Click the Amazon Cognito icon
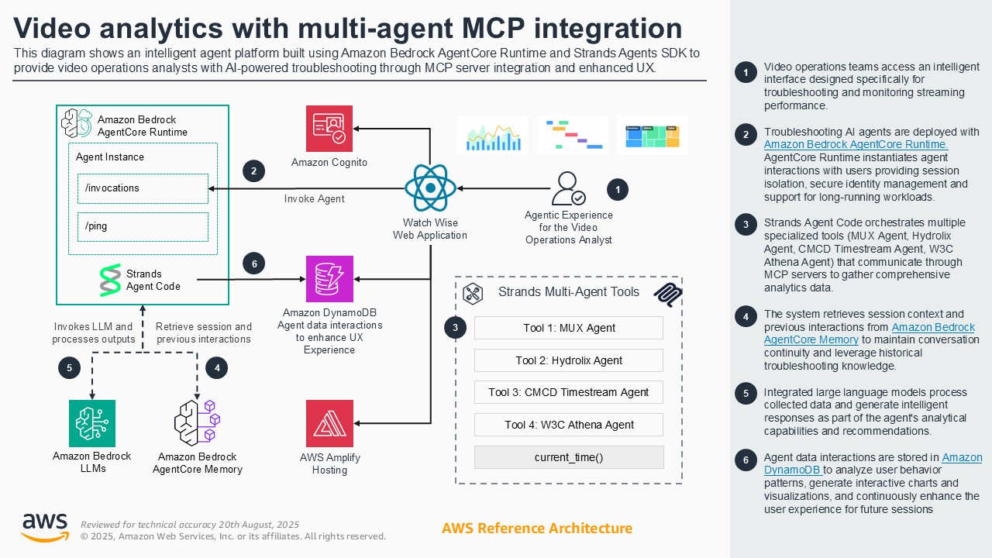(x=329, y=129)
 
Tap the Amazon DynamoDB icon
(x=329, y=279)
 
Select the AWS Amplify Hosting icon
(x=329, y=423)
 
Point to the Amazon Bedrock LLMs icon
(x=91, y=423)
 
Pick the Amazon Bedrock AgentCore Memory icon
(x=197, y=423)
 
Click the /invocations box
(x=143, y=188)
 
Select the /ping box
(x=143, y=226)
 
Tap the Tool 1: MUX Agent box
(x=568, y=328)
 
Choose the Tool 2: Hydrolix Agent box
(x=568, y=360)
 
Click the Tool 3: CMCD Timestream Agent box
(x=568, y=392)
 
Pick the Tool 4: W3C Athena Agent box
(x=568, y=425)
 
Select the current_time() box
(x=568, y=457)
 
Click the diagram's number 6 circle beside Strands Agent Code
(x=254, y=263)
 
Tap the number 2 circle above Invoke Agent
(x=254, y=170)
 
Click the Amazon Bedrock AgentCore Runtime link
(x=856, y=144)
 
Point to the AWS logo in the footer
(x=44, y=527)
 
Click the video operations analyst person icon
(x=568, y=188)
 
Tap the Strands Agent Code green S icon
(x=111, y=280)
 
